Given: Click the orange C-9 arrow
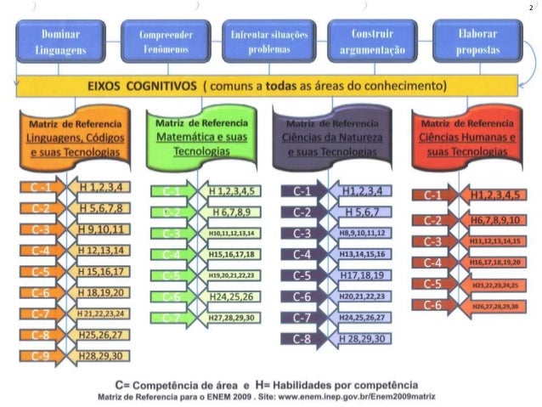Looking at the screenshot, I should tap(41, 356).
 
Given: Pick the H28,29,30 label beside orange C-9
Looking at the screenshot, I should tap(101, 356).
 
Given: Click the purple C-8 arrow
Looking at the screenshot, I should tap(302, 338).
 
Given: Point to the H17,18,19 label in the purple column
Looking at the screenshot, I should tap(361, 276).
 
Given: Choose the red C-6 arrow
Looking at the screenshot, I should tap(433, 305).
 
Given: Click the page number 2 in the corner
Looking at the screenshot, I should tap(531, 8).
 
